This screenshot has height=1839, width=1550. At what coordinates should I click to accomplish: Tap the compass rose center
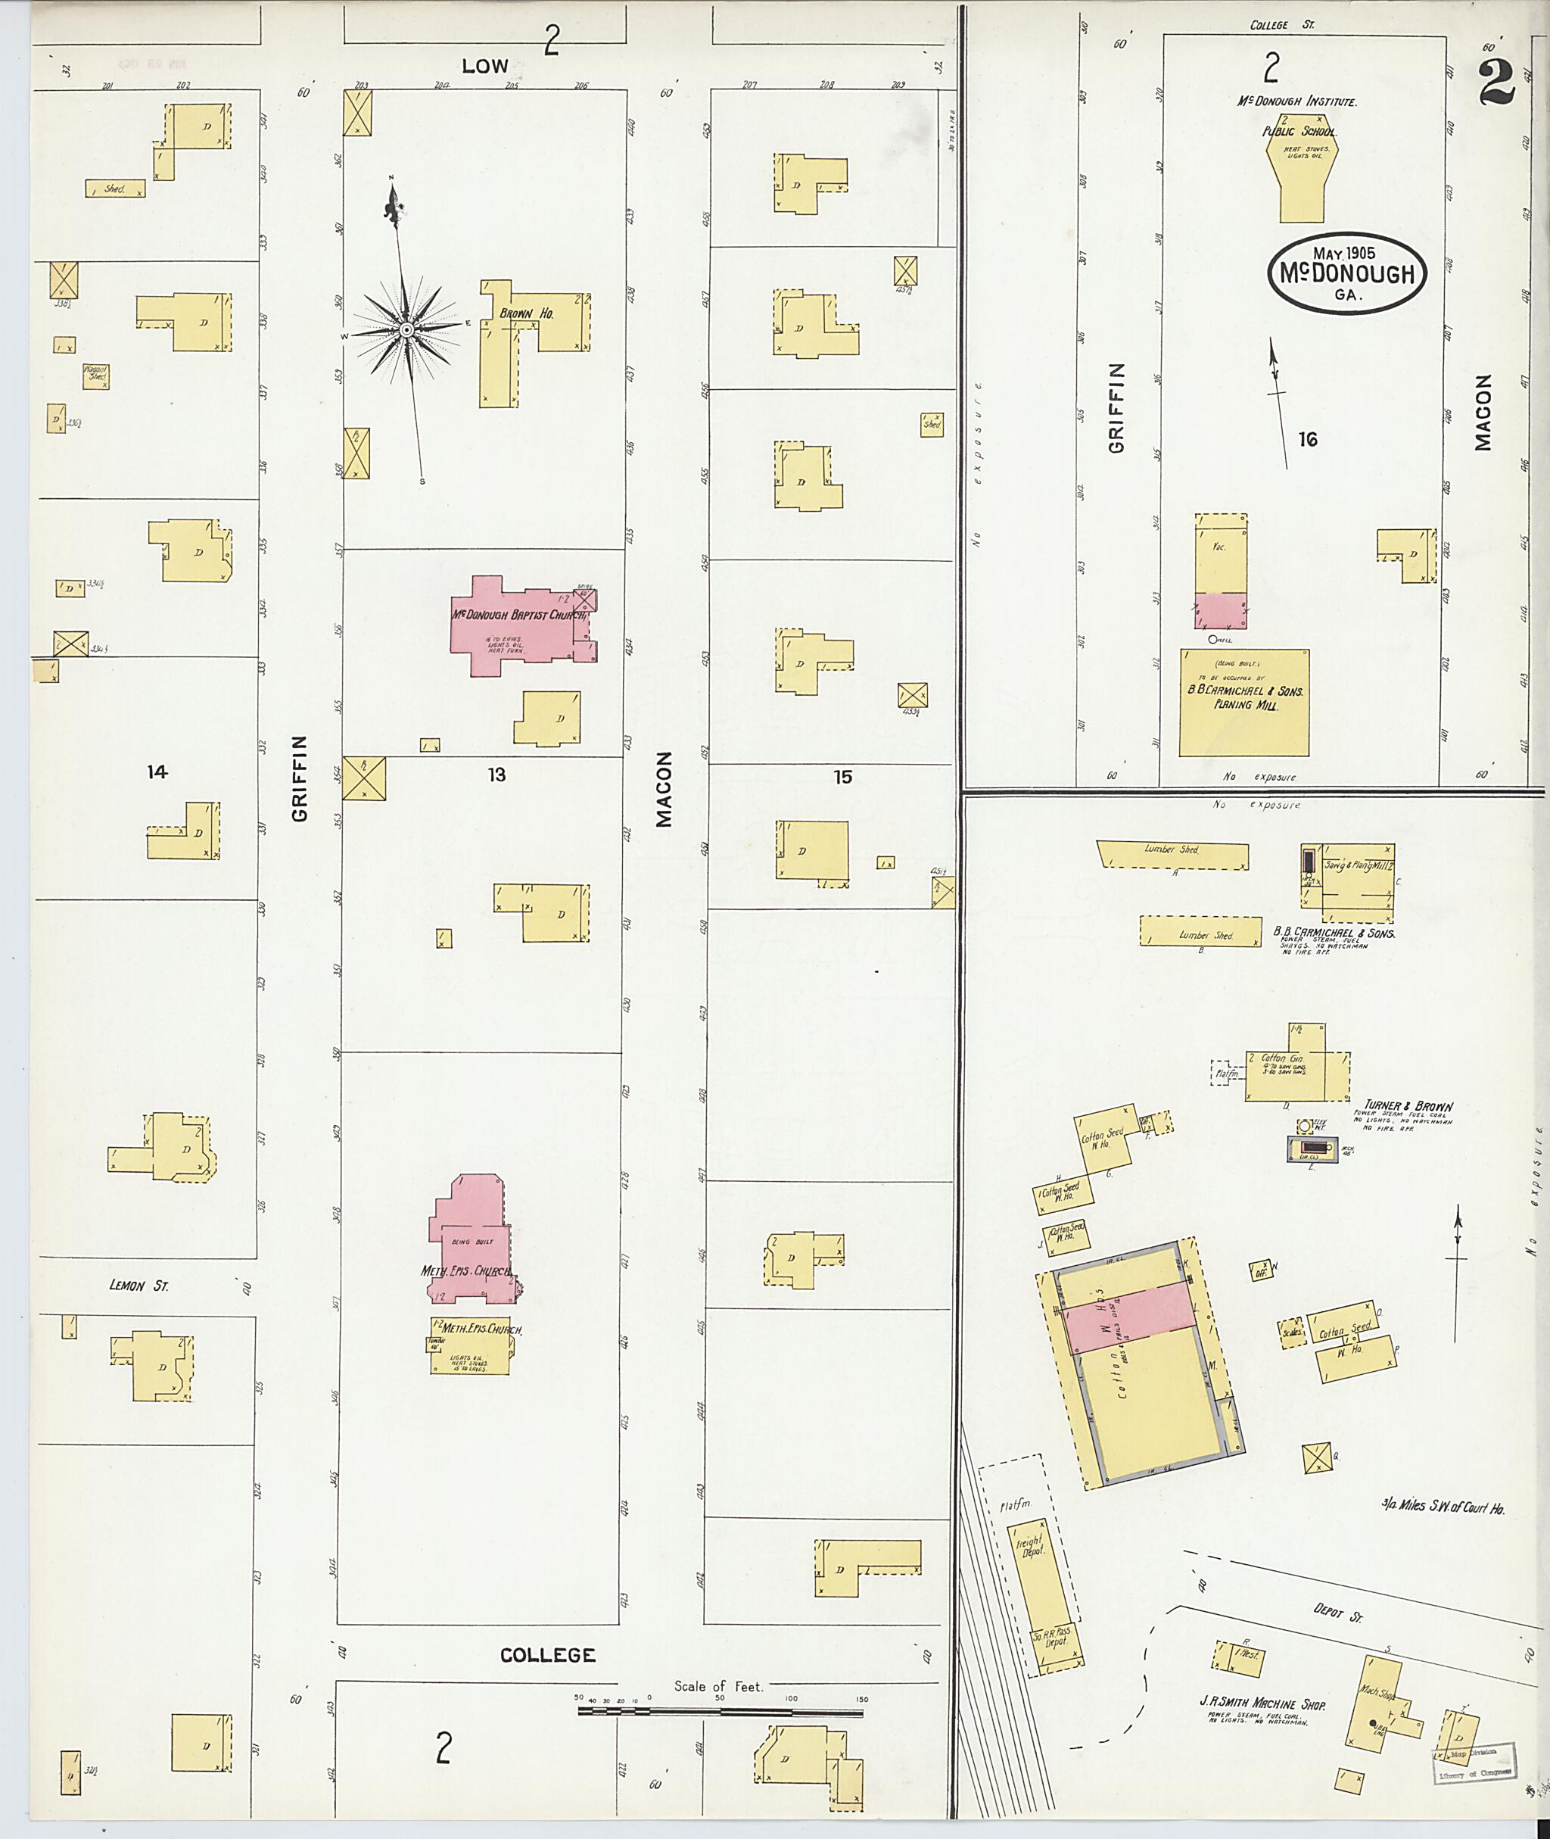407,329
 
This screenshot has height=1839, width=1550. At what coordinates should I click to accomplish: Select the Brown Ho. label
526,313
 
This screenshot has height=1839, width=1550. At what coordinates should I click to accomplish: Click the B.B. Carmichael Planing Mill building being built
1243,703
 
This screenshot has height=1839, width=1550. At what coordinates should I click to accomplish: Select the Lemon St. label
139,1286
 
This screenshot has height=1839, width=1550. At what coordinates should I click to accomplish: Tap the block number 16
1308,440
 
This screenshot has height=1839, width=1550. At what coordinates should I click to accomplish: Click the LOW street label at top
485,66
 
